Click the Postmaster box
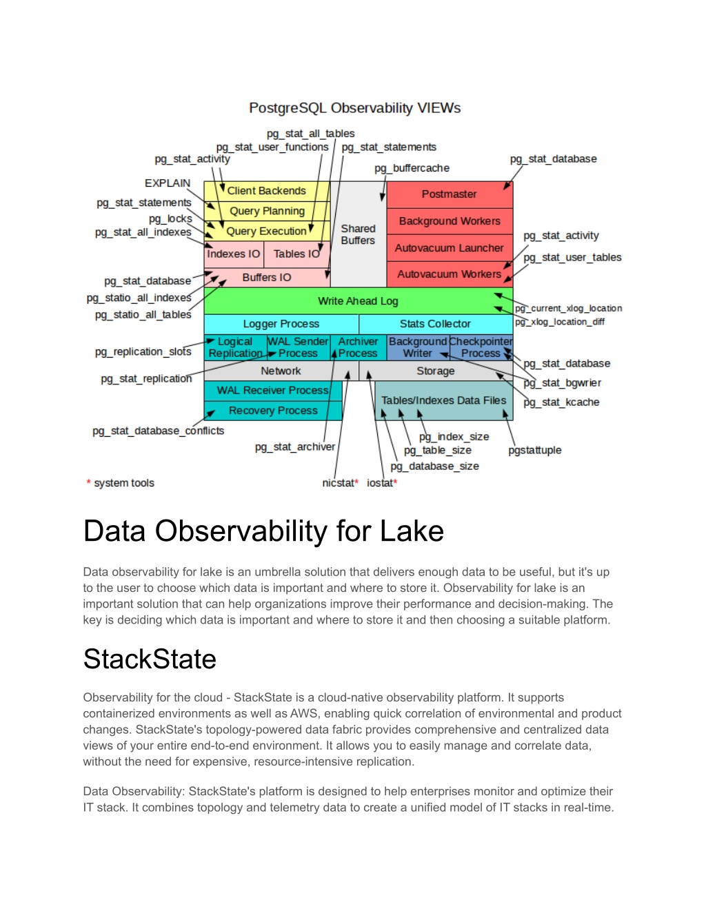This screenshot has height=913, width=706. point(450,194)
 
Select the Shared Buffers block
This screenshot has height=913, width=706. point(359,234)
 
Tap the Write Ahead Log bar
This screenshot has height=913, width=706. point(359,301)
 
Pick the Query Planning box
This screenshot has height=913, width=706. point(267,211)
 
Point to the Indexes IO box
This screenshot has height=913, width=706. point(234,254)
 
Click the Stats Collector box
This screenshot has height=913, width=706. point(436,324)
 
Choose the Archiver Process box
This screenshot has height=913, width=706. point(359,347)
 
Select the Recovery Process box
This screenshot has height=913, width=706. point(273,411)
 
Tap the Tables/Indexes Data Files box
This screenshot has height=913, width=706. point(444,400)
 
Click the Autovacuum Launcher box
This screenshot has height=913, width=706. point(450,248)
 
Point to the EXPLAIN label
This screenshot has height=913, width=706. point(168,183)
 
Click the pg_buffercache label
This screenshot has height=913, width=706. point(412,169)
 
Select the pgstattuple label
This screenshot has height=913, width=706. point(534,451)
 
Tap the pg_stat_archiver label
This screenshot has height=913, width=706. point(295,447)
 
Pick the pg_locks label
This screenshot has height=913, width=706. point(170,219)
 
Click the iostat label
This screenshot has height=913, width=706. point(380,483)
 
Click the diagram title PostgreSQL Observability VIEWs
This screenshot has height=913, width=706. point(354,108)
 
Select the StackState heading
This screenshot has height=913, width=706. point(150,659)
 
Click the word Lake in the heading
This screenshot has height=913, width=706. point(412,531)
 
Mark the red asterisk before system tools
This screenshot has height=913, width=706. point(89,482)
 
